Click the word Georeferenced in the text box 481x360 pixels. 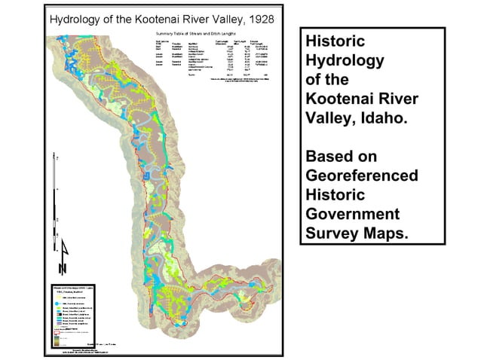(361, 175)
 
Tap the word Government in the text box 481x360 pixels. (352, 214)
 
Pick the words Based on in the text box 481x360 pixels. (340, 156)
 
